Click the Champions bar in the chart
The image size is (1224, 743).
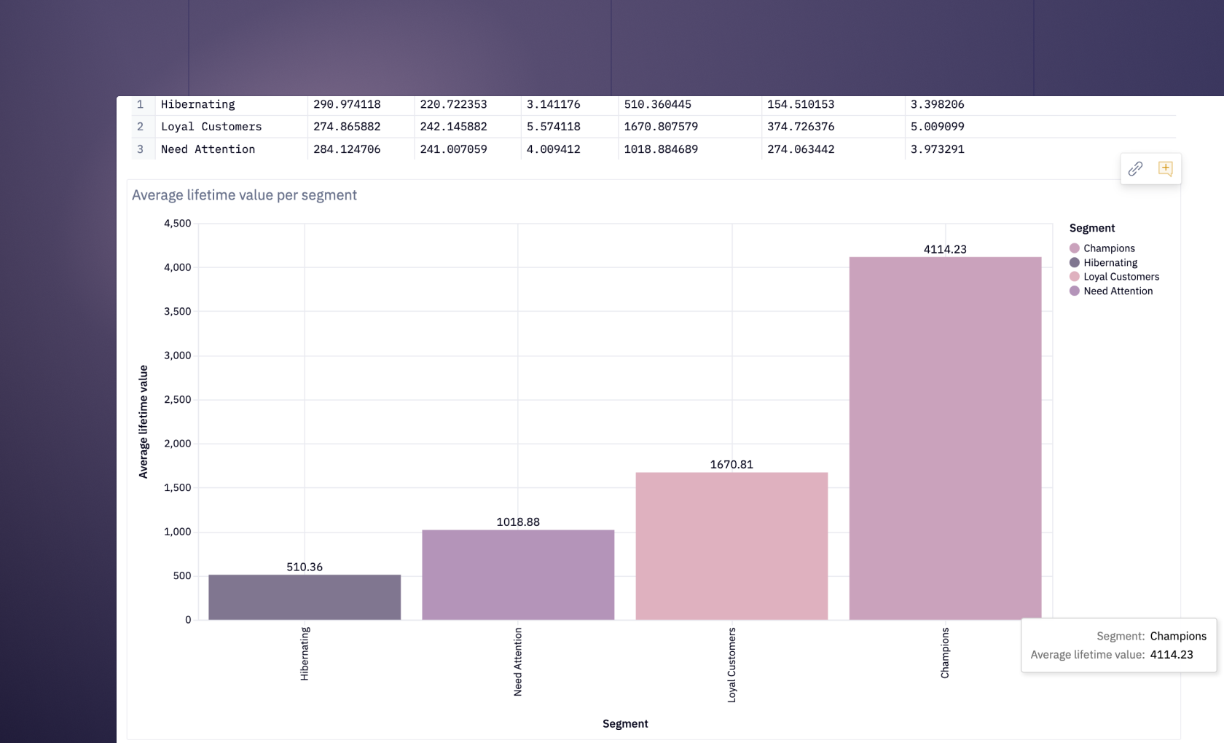click(945, 437)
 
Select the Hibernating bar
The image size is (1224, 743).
click(305, 597)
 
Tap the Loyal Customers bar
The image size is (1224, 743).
click(731, 546)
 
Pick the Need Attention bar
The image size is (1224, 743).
click(518, 575)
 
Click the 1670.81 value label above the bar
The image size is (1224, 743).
click(731, 465)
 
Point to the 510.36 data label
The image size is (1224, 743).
click(305, 567)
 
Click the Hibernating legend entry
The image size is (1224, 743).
click(1110, 262)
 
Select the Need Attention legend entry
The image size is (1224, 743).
click(1118, 291)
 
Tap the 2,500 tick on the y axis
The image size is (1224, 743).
click(178, 399)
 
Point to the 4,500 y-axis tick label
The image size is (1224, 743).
click(178, 224)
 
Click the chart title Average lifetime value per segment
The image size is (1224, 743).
click(244, 195)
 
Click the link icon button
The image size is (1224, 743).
click(1135, 169)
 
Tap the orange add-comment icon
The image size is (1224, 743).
click(1165, 169)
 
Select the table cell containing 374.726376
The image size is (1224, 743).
click(801, 127)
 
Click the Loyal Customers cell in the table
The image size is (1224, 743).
click(211, 127)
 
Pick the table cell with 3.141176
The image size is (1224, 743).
click(554, 104)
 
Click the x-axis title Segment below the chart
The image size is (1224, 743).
click(625, 723)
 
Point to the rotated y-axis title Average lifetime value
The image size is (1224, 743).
click(144, 422)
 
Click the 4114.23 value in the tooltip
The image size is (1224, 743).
click(1172, 655)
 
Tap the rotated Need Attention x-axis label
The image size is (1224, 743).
click(518, 661)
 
